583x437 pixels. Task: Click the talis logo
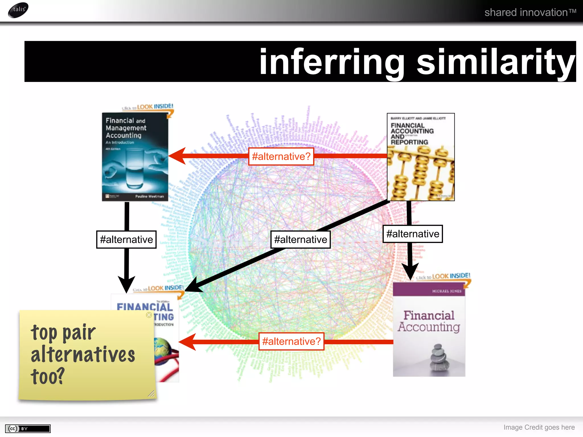[x=18, y=10]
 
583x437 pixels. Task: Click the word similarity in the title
[x=496, y=62]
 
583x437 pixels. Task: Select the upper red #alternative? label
[x=281, y=156]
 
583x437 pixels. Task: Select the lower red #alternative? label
[x=291, y=341]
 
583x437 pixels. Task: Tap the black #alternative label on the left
[x=126, y=240]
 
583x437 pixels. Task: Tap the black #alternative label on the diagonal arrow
[x=300, y=240]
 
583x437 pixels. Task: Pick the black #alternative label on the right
[x=412, y=234]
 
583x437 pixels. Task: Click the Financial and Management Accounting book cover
[x=135, y=157]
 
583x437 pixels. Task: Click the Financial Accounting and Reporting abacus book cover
[x=420, y=157]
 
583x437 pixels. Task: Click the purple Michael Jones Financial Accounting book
[x=429, y=329]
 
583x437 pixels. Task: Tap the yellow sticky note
[x=85, y=356]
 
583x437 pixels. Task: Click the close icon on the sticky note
[x=149, y=315]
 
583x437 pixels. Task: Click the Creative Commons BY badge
[x=28, y=428]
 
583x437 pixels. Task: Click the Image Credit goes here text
[x=539, y=427]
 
